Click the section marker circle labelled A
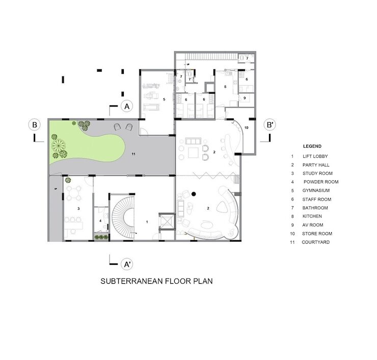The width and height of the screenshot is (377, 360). [x=127, y=106]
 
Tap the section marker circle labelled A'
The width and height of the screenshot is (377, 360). [x=127, y=264]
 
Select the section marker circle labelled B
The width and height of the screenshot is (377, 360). [x=35, y=125]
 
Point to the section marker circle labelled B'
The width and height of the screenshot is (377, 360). [x=270, y=125]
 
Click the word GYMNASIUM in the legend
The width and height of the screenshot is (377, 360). [x=316, y=190]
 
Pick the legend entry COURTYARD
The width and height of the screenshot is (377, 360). [x=316, y=242]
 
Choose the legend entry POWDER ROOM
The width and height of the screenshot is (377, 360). [x=321, y=182]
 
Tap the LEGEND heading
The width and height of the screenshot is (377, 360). [x=312, y=146]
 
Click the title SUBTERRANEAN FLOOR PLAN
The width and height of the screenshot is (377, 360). [x=156, y=281]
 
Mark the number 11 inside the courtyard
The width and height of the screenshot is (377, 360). [x=133, y=154]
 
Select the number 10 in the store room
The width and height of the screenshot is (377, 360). [x=246, y=128]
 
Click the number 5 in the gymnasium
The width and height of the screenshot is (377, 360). [x=164, y=99]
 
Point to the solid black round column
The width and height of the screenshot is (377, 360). [x=194, y=194]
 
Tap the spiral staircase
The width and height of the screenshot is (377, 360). [x=123, y=217]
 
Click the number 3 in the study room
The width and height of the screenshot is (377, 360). [x=78, y=209]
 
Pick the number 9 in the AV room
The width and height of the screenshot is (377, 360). [x=245, y=98]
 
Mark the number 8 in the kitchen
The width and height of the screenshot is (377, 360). [x=225, y=87]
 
